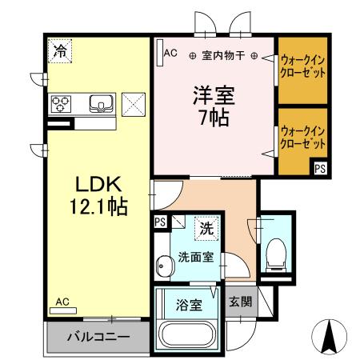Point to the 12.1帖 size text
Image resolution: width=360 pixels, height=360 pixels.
pos(94,207)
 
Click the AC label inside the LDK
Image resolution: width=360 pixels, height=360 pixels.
pos(62,302)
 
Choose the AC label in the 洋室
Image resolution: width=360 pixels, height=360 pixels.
pos(170,53)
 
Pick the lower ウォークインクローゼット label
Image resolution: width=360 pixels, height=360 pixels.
pos(302,137)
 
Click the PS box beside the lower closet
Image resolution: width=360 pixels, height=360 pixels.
pos(319,168)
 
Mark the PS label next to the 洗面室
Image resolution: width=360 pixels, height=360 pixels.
pos(161,222)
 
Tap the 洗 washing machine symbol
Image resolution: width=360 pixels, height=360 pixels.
pos(206,227)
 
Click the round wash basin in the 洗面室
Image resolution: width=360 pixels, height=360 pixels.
pos(164,264)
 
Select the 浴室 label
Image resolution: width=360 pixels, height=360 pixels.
pos(188,304)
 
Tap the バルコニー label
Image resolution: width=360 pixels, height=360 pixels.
pos(98,337)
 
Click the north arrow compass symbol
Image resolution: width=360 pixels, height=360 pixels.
pos(327,336)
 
